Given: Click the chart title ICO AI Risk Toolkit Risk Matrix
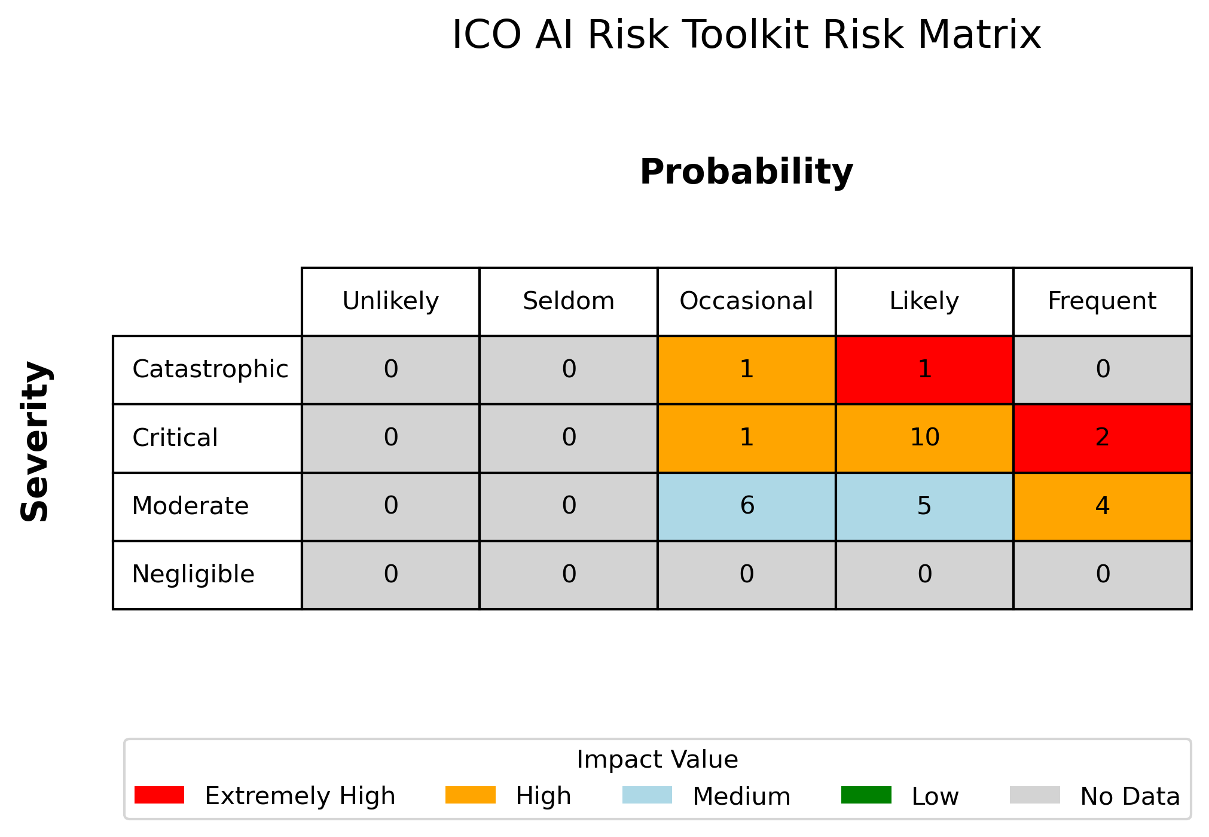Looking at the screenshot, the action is pyautogui.click(x=746, y=35).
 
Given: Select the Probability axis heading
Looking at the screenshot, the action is pyautogui.click(x=746, y=172).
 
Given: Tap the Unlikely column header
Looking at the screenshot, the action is pyautogui.click(x=390, y=301).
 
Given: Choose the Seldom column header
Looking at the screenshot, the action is pyautogui.click(x=569, y=301).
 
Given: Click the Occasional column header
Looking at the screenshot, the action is pyautogui.click(x=746, y=301).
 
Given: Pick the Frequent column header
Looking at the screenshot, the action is pyautogui.click(x=1103, y=301).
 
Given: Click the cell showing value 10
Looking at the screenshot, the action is pyautogui.click(x=924, y=438).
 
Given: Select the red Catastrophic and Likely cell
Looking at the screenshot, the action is pyautogui.click(x=924, y=369).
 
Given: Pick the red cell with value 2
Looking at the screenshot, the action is pyautogui.click(x=1103, y=438).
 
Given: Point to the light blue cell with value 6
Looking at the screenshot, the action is pyautogui.click(x=746, y=506).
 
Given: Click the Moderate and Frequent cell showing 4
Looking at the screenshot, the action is pyautogui.click(x=1103, y=506).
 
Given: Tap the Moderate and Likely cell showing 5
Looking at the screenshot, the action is pyautogui.click(x=924, y=506).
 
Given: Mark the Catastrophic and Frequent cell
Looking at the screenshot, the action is pyautogui.click(x=1103, y=369).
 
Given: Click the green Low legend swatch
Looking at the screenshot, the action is pyautogui.click(x=866, y=795).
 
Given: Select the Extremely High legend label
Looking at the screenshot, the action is pyautogui.click(x=300, y=796).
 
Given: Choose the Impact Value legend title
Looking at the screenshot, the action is pyautogui.click(x=657, y=760).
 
